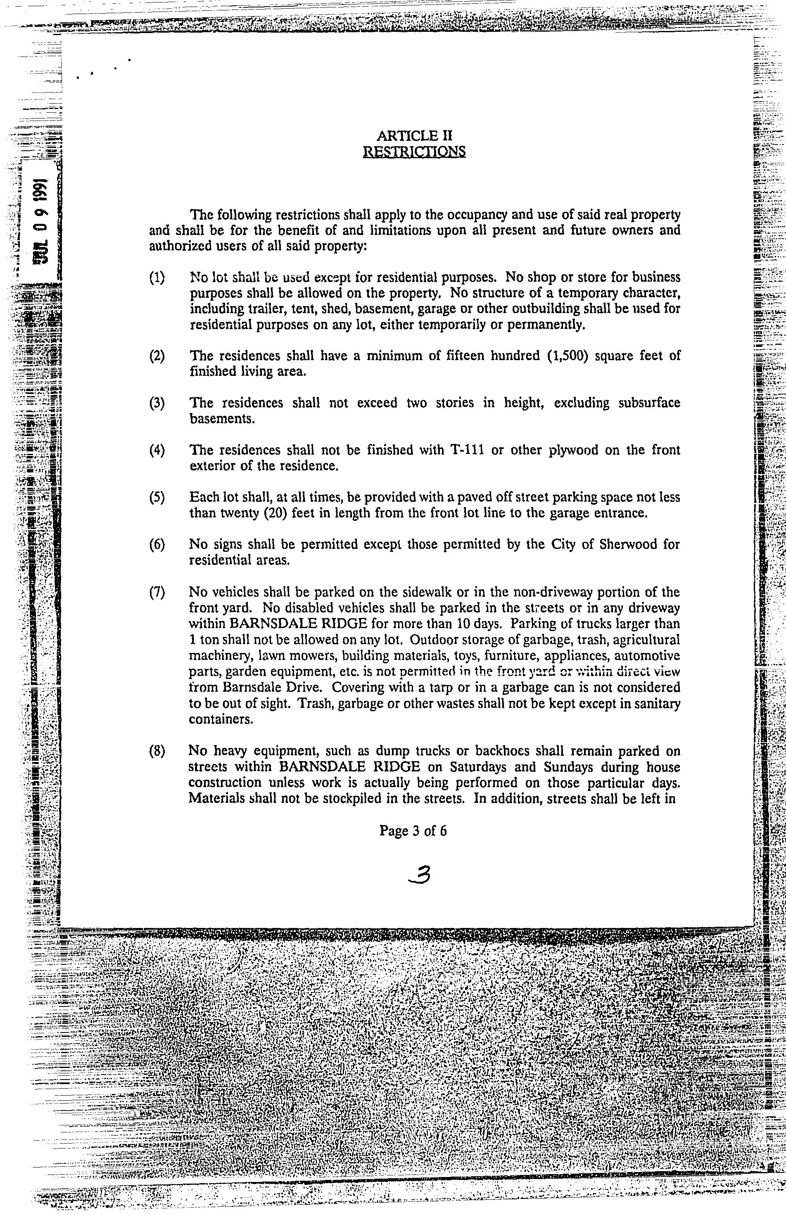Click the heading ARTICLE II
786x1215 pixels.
[414, 136]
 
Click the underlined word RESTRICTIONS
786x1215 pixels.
[413, 152]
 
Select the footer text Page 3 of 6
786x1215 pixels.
[413, 831]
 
